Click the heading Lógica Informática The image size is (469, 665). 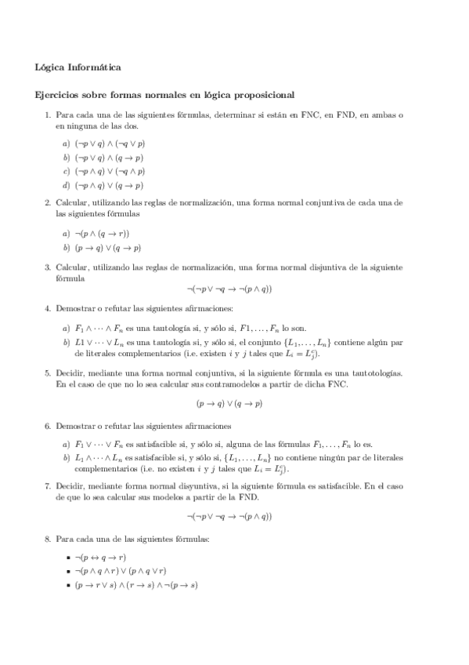pos(78,67)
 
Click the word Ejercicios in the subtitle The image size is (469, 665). pos(59,96)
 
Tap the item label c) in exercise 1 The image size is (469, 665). pos(66,171)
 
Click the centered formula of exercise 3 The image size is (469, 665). pos(229,289)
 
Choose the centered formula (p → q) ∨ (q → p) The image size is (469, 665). pos(229,404)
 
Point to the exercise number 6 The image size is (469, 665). pos(48,426)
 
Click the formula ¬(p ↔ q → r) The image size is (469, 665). pos(106,557)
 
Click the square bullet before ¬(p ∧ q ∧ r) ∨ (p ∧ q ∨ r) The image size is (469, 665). pos(69,572)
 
